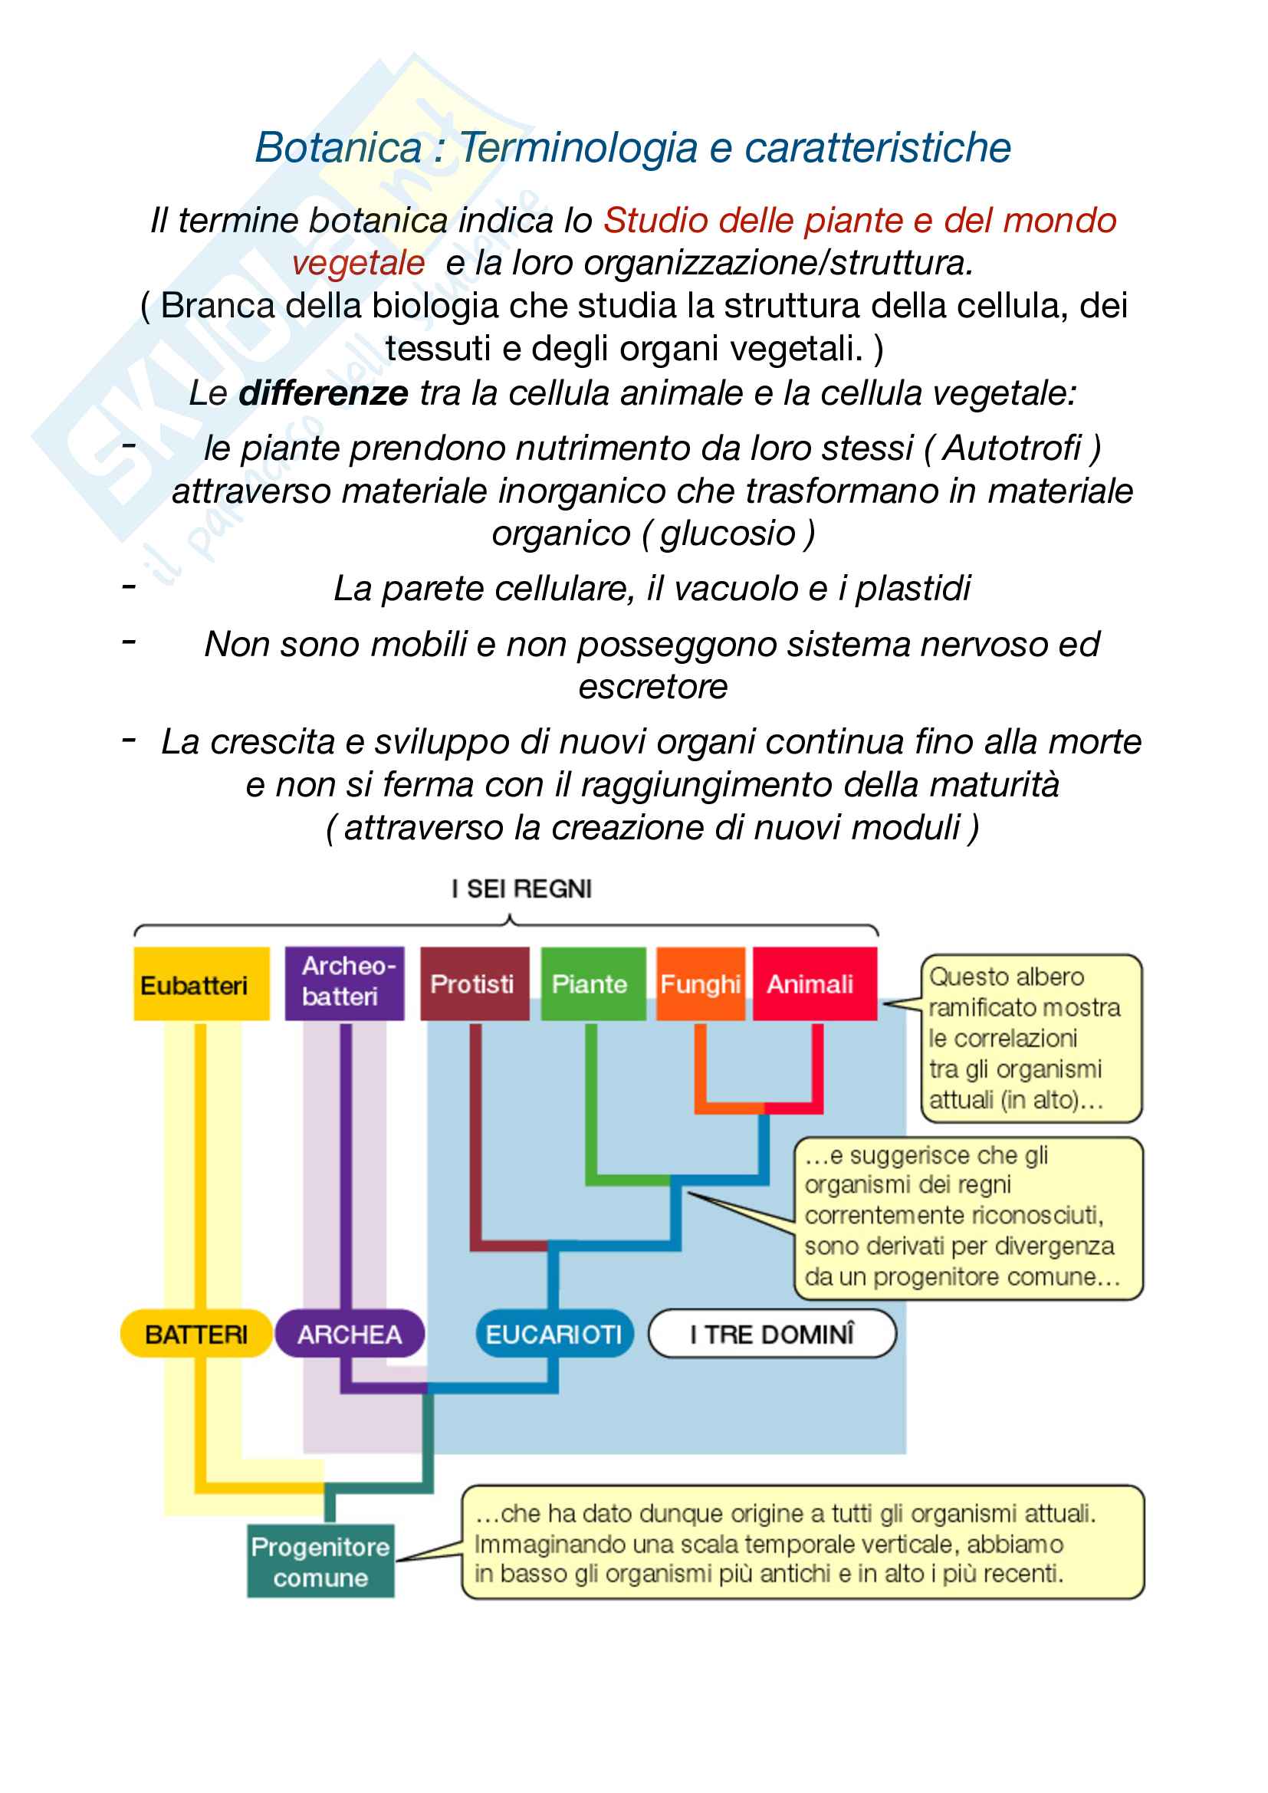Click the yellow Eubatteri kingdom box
pyautogui.click(x=201, y=984)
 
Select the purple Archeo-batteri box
pyautogui.click(x=344, y=984)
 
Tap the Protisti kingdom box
pyautogui.click(x=474, y=984)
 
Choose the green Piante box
pyautogui.click(x=593, y=984)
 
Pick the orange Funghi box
pyautogui.click(x=701, y=984)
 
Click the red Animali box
pyautogui.click(x=813, y=984)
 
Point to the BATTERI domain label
pyautogui.click(x=195, y=1334)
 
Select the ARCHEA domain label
pyautogui.click(x=350, y=1334)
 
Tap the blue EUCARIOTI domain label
pyautogui.click(x=554, y=1334)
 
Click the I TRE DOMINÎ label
pyautogui.click(x=772, y=1334)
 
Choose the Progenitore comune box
pyautogui.click(x=320, y=1561)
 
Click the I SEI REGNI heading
pyautogui.click(x=521, y=888)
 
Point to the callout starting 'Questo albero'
pyautogui.click(x=1030, y=1038)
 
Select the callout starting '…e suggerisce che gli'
pyautogui.click(x=968, y=1218)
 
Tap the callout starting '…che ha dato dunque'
pyautogui.click(x=803, y=1543)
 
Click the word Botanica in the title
pyautogui.click(x=338, y=148)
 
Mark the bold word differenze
pyautogui.click(x=323, y=392)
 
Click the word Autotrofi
pyautogui.click(x=1012, y=448)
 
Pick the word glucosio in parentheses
pyautogui.click(x=727, y=534)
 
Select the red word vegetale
pyautogui.click(x=358, y=263)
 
